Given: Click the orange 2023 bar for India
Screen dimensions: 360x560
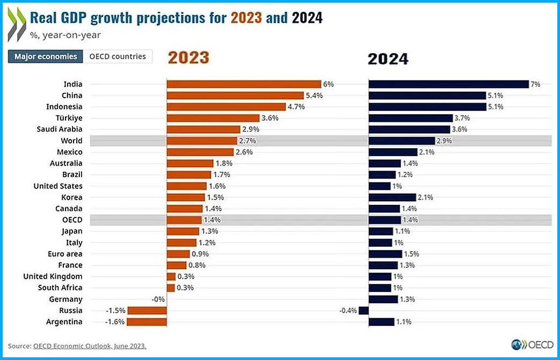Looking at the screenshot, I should click(x=244, y=84).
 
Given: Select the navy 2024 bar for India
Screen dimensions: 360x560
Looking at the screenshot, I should click(x=449, y=84).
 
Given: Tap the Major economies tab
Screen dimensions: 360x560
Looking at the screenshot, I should click(x=46, y=56).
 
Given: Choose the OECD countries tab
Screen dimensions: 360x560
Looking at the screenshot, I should click(x=118, y=56).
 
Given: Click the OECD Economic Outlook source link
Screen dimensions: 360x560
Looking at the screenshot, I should click(x=90, y=346).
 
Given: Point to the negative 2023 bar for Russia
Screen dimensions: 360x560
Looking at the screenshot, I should click(x=147, y=311).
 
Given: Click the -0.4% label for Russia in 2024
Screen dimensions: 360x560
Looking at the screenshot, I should click(x=348, y=311).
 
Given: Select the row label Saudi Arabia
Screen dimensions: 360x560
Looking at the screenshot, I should click(x=60, y=129).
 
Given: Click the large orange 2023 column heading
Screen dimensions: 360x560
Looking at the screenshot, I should click(x=188, y=58).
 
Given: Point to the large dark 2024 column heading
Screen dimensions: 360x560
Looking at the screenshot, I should click(x=388, y=58).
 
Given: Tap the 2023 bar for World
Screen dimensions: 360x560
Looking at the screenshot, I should click(x=201, y=141).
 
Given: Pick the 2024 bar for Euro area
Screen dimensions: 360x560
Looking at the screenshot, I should click(x=385, y=254).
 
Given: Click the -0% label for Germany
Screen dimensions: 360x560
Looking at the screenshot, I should click(x=158, y=299).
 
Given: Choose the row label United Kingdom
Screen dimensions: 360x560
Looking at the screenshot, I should click(x=53, y=276).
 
